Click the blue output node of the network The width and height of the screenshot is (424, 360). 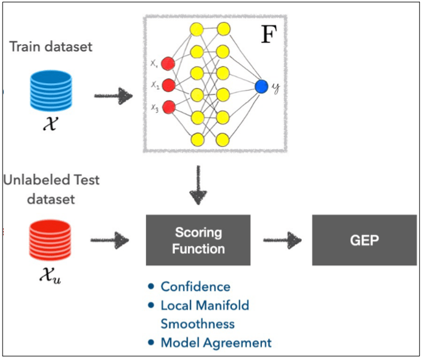262,86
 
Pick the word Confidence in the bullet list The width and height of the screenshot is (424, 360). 195,287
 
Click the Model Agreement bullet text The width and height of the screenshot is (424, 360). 216,343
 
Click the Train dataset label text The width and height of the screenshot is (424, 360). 51,46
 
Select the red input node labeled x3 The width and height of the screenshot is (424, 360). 168,107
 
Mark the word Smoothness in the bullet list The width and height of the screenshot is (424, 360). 197,324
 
